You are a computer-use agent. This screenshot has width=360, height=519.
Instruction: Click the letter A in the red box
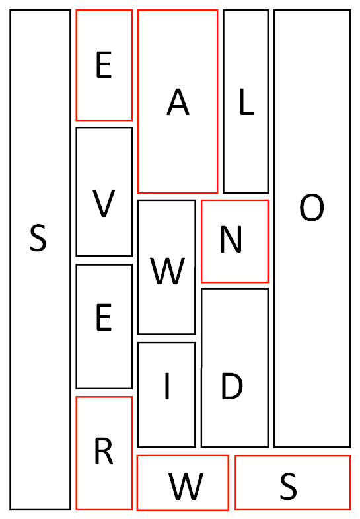(178, 102)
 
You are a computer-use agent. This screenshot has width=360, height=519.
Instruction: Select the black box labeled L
(246, 102)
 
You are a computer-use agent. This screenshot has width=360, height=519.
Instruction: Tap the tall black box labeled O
(312, 228)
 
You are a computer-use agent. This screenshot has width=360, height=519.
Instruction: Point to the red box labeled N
(234, 241)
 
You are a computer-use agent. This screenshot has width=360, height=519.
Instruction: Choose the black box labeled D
(234, 368)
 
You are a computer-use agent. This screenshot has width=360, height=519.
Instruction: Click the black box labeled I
(166, 395)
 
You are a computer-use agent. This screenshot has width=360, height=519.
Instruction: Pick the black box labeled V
(104, 192)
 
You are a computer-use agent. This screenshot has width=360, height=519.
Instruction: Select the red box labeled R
(104, 453)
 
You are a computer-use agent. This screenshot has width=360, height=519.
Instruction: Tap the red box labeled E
(104, 65)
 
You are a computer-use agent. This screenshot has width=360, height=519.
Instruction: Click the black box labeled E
(104, 327)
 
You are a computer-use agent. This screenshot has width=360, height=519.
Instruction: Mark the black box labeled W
(166, 267)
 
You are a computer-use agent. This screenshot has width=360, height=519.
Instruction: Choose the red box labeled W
(183, 483)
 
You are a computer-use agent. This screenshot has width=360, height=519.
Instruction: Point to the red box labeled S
(293, 483)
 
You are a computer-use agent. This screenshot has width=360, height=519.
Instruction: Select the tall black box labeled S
(40, 260)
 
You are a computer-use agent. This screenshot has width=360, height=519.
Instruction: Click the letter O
(312, 208)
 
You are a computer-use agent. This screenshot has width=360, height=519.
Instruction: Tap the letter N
(231, 239)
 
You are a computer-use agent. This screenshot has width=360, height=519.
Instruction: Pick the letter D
(232, 386)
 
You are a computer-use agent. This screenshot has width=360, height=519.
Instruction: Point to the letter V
(104, 204)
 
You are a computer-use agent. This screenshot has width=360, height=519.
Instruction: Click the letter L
(246, 102)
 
